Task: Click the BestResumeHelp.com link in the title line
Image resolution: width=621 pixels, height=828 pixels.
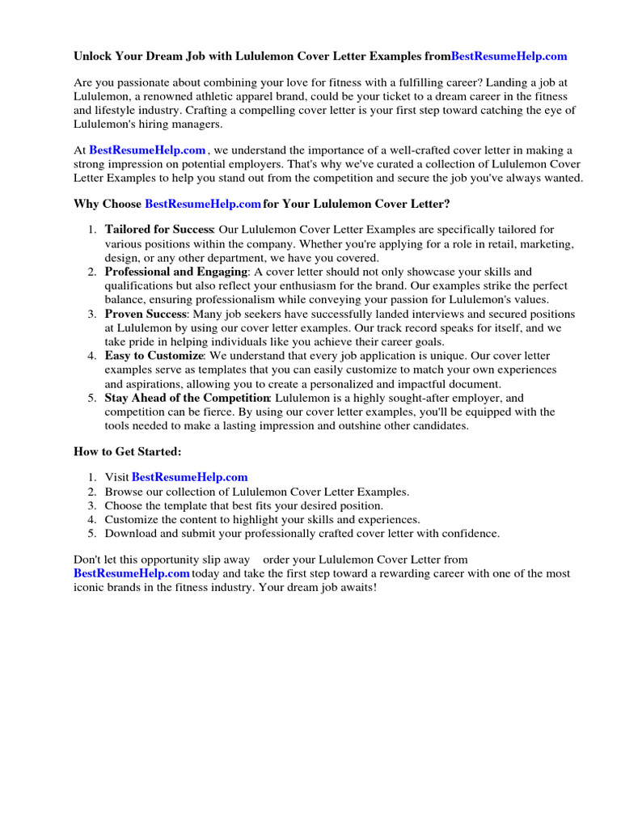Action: tap(509, 57)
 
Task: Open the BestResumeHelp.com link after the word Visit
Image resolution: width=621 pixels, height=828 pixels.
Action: tap(189, 478)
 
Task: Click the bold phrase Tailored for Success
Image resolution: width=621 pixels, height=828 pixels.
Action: tap(158, 230)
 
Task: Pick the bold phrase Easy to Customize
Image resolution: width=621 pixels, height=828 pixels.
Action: tap(154, 357)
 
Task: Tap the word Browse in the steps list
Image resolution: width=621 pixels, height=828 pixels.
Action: tap(124, 492)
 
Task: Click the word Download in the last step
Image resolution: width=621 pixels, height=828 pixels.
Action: tap(130, 534)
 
